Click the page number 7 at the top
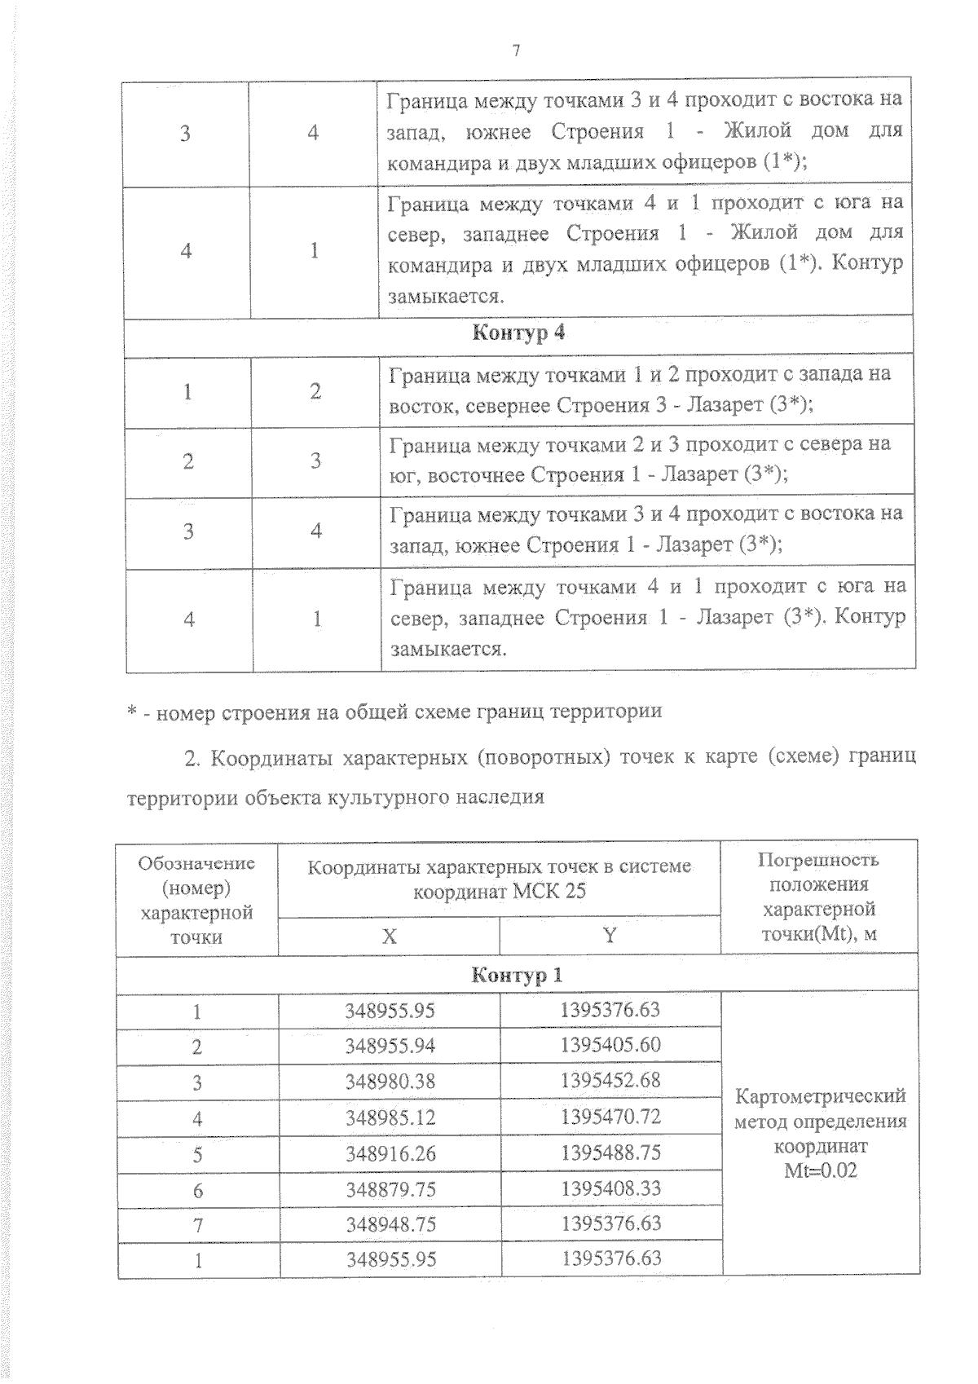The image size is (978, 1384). pos(515,51)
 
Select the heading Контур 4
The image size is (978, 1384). pos(518,333)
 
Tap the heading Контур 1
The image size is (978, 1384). pos(517,975)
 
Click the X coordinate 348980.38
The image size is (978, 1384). pos(390,1082)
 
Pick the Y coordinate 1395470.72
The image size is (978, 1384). pos(610,1116)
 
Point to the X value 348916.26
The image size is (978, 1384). pos(390,1154)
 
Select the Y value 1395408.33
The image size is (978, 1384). pos(610,1188)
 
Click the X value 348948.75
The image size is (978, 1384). pos(390,1224)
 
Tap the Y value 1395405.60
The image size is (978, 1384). pos(610,1045)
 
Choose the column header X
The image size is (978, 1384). pos(390,937)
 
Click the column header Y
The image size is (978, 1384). pos(609,935)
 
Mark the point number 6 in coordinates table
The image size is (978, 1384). pos(197,1191)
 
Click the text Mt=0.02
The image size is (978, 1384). pos(820,1171)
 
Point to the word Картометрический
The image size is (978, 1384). pos(820,1096)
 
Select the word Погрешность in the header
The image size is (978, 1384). pos(818,859)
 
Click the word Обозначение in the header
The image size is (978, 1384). pos(196,863)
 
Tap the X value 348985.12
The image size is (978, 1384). pos(390,1117)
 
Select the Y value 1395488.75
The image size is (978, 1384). pos(610,1153)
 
